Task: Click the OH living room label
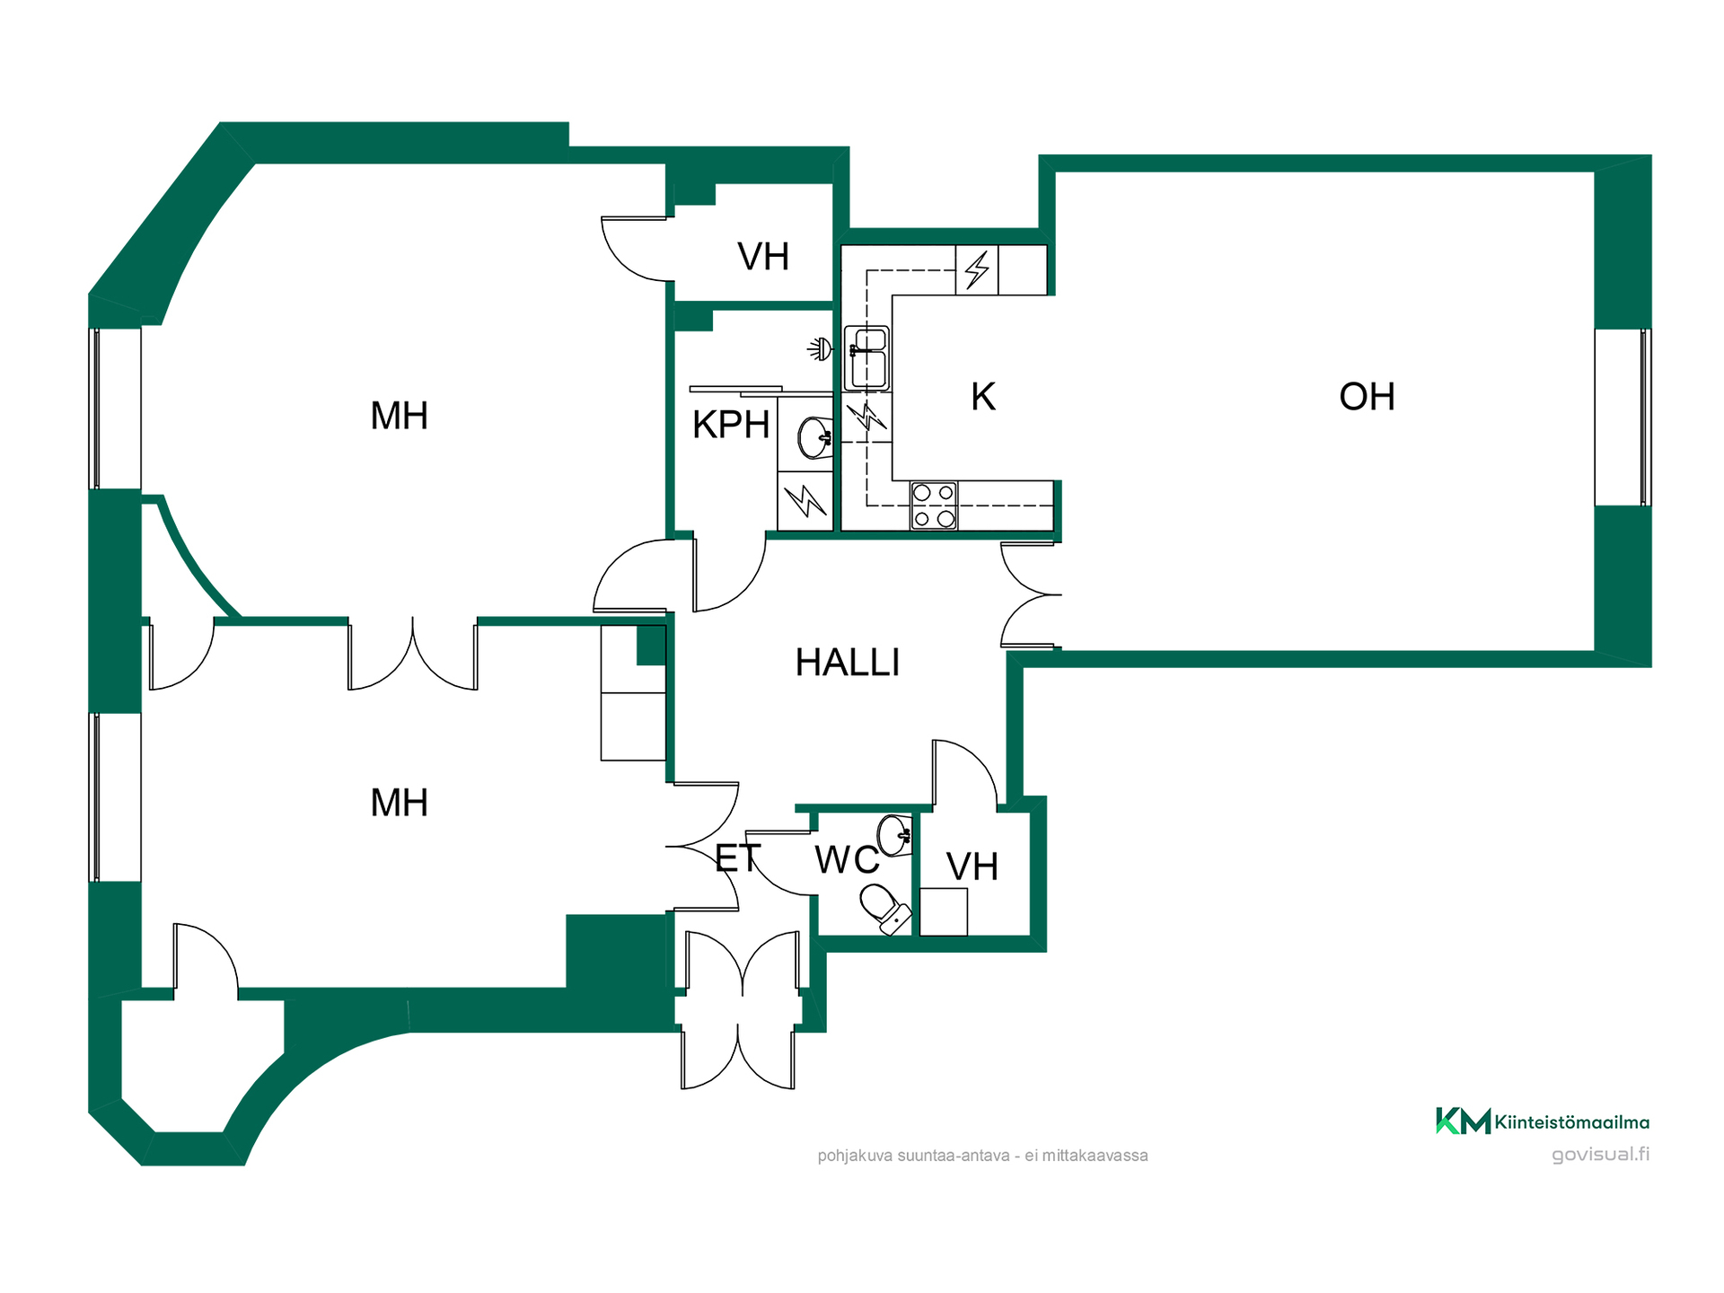1367,397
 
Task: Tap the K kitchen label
983,397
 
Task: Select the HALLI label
848,663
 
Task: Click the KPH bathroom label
731,425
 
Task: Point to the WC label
847,860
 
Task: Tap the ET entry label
738,858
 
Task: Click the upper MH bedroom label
400,417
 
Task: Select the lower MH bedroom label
400,803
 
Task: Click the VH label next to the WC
972,867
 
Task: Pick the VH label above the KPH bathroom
763,257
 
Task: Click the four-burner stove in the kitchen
934,506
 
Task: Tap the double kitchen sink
867,358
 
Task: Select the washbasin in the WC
895,836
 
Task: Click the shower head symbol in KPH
820,348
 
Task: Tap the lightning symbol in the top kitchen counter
977,269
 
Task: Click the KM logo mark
1463,1121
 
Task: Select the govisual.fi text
1601,1155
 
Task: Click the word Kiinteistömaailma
1572,1121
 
